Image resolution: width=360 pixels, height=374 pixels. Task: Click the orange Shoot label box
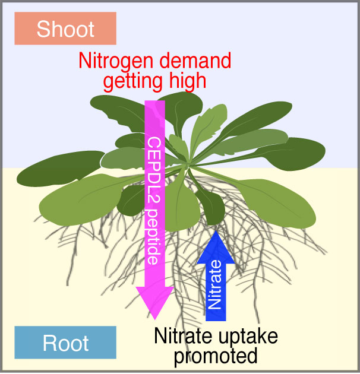click(65, 28)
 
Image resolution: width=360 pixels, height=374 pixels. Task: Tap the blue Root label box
click(65, 343)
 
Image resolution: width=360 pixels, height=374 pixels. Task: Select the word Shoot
click(65, 28)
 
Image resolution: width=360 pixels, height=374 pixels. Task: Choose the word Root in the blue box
click(65, 343)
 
